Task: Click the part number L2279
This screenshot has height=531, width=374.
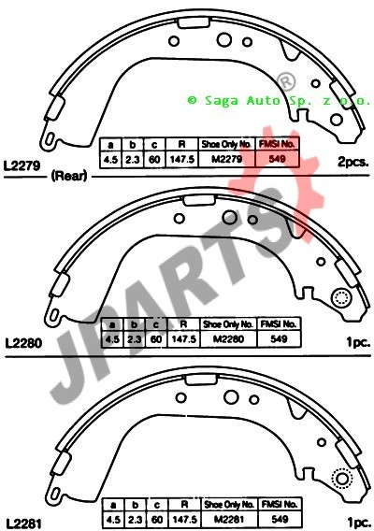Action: point(22,165)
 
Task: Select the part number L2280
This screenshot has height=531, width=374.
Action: point(23,343)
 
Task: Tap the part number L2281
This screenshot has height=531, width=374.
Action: point(23,524)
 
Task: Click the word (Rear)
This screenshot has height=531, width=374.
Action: point(69,176)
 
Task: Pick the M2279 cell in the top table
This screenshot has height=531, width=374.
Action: point(226,159)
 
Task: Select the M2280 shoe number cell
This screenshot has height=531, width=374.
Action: point(229,339)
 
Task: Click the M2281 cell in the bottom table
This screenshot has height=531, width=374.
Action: point(229,519)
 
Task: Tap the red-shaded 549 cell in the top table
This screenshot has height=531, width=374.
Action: point(277,159)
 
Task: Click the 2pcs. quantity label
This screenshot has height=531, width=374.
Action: point(352,163)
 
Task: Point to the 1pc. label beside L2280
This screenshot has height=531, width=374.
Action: point(358,342)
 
